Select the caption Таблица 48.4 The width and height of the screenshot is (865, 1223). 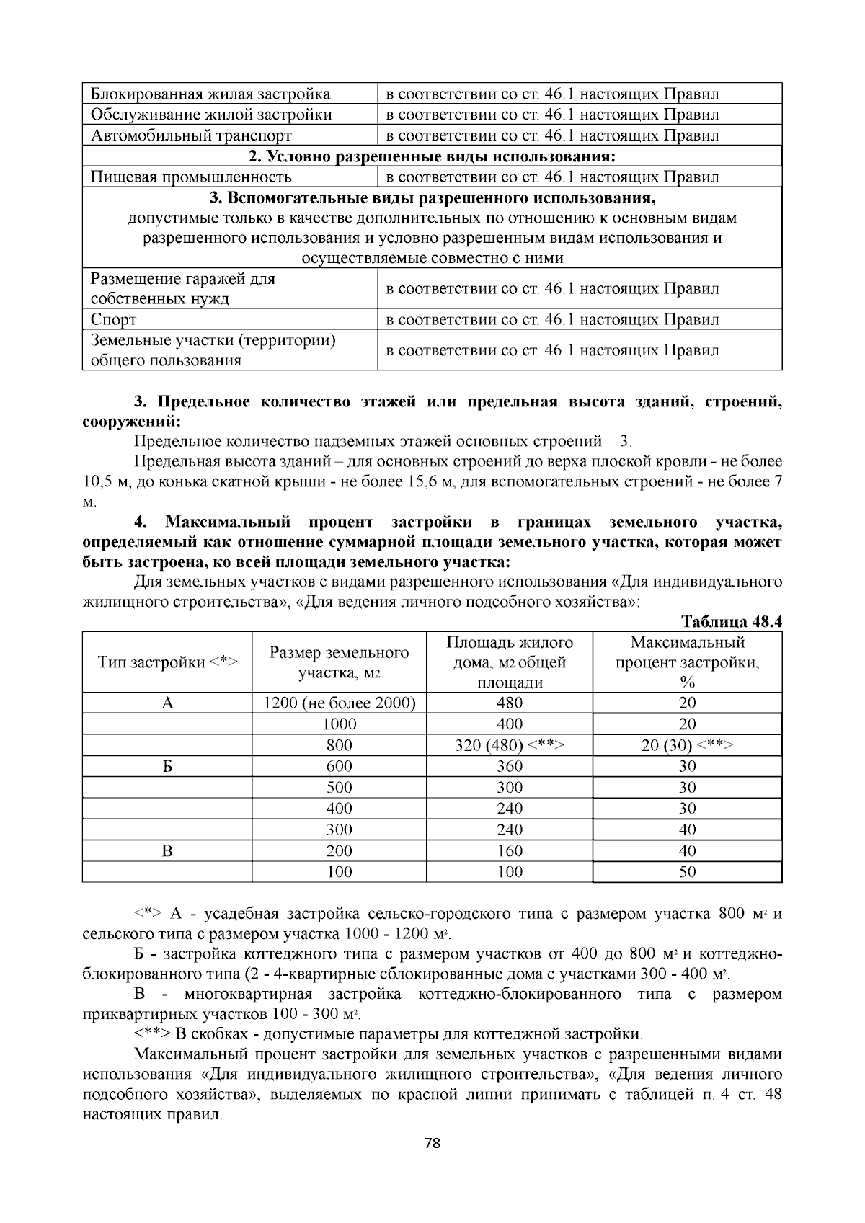(x=731, y=621)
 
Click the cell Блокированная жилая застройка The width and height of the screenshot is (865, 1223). (x=210, y=94)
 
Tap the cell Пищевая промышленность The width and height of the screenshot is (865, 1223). (x=191, y=177)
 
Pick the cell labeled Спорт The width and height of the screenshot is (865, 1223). (x=114, y=320)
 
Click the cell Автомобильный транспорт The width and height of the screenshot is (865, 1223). (x=191, y=135)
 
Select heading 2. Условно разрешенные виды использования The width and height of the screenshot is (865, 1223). (x=432, y=156)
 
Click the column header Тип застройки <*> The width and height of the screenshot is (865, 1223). (x=167, y=662)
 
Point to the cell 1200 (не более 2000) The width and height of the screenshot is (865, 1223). (x=339, y=703)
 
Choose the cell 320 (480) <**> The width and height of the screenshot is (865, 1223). (x=509, y=745)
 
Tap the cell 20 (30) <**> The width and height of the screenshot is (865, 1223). (x=687, y=745)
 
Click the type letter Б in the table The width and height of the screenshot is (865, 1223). (x=167, y=767)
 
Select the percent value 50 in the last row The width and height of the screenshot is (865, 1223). (x=687, y=872)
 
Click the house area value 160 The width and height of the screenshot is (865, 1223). (x=509, y=851)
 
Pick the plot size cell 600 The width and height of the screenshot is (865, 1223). (x=339, y=767)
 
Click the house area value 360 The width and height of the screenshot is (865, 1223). (x=509, y=767)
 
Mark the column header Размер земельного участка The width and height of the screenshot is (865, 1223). (x=339, y=662)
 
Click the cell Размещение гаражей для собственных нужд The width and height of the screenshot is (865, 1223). (x=183, y=289)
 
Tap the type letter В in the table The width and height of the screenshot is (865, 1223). (x=167, y=851)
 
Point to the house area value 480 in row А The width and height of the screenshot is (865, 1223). (x=509, y=703)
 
